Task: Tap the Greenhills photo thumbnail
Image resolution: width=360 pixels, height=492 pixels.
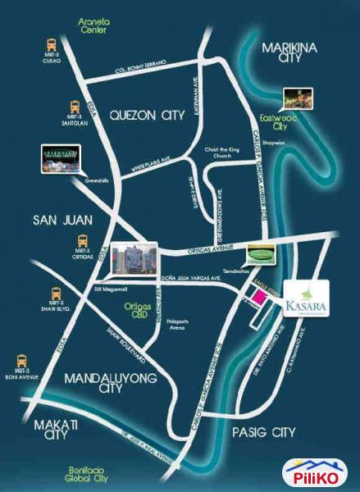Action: point(62,157)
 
